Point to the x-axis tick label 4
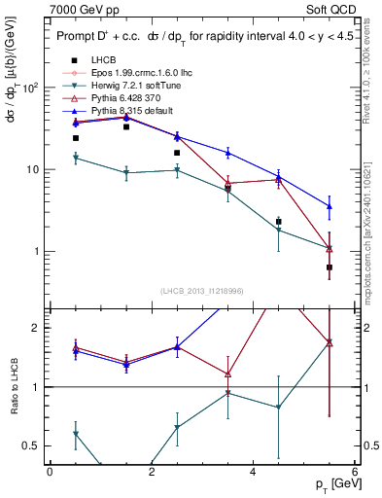(253, 473)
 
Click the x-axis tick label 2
(152, 473)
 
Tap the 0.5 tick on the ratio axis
(33, 445)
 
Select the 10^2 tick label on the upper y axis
(30, 88)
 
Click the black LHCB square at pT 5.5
(330, 267)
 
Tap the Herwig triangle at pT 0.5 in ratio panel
(76, 434)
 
